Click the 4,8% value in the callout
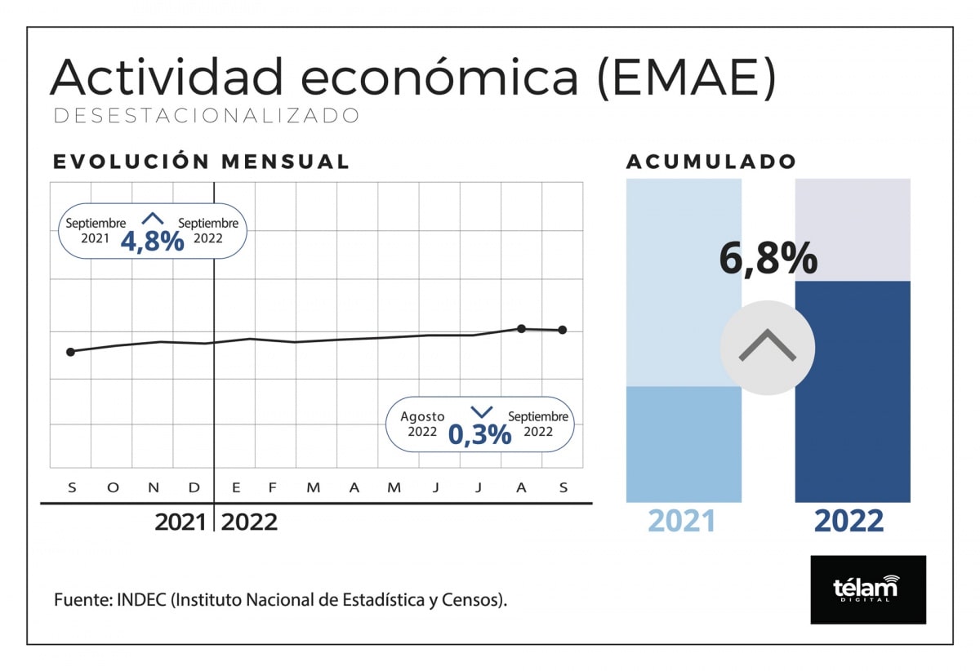(x=152, y=241)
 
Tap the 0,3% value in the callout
(x=479, y=434)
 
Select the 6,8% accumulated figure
(x=768, y=259)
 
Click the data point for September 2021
(x=70, y=352)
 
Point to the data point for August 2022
(x=521, y=328)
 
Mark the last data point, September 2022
(x=563, y=330)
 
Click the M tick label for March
(x=313, y=488)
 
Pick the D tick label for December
(x=194, y=488)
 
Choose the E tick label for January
(x=236, y=488)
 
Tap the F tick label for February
(x=273, y=488)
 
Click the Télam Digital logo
(x=867, y=589)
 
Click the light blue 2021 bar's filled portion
(x=684, y=444)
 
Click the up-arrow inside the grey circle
(x=767, y=348)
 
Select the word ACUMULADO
(x=710, y=162)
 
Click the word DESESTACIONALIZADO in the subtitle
(x=206, y=116)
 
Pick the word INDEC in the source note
(x=142, y=600)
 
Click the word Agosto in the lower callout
(x=422, y=416)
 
